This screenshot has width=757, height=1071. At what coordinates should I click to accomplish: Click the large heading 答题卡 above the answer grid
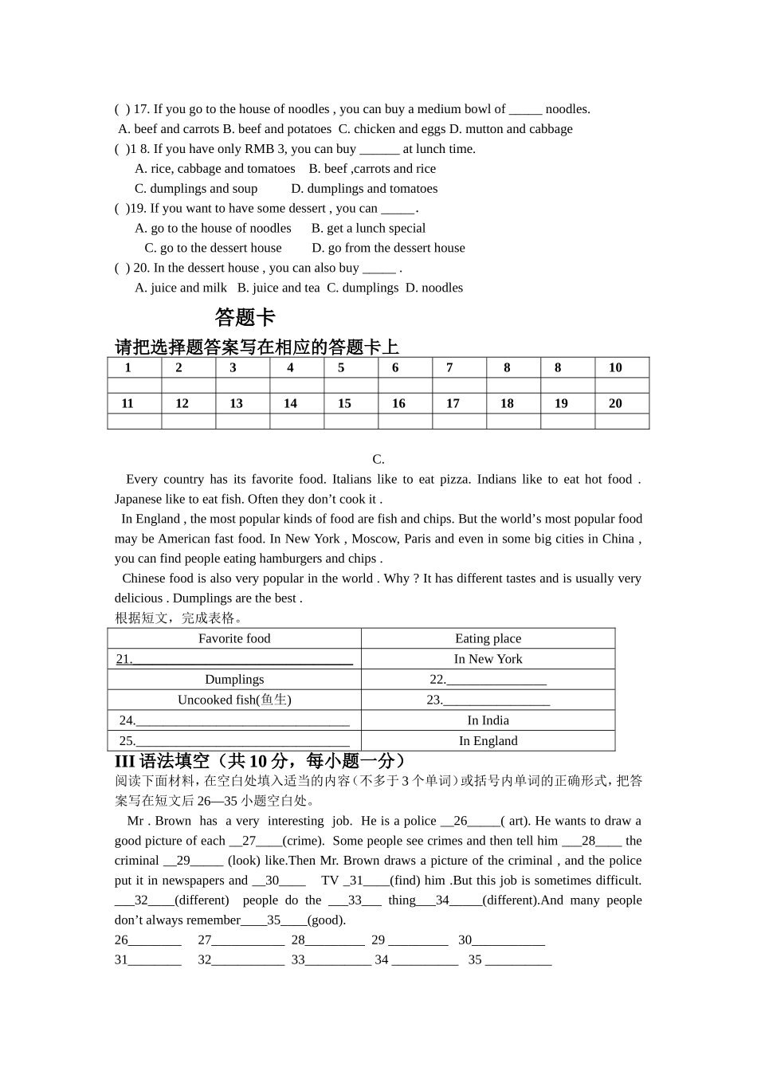point(245,317)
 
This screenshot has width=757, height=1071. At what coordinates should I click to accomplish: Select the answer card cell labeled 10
point(615,367)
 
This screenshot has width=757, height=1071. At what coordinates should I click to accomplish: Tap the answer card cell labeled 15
point(344,403)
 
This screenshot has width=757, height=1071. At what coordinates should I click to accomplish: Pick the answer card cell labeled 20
point(615,403)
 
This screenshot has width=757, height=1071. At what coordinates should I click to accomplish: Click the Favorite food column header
point(234,638)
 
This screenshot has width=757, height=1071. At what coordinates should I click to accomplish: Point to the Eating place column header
point(488,638)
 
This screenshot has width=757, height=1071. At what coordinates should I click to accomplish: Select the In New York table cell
point(488,659)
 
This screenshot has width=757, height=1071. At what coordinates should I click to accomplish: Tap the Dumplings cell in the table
point(234,680)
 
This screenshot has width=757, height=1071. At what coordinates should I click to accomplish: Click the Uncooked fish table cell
point(234,700)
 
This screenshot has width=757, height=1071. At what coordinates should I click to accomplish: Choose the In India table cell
point(488,720)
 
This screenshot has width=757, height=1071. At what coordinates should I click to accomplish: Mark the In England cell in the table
point(488,740)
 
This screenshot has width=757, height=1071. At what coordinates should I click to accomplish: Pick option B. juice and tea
point(278,288)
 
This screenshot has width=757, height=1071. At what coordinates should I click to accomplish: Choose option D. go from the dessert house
point(388,248)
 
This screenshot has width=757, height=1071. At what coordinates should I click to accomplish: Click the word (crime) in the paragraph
point(303,841)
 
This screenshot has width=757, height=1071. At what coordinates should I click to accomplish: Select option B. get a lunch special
point(368,228)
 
